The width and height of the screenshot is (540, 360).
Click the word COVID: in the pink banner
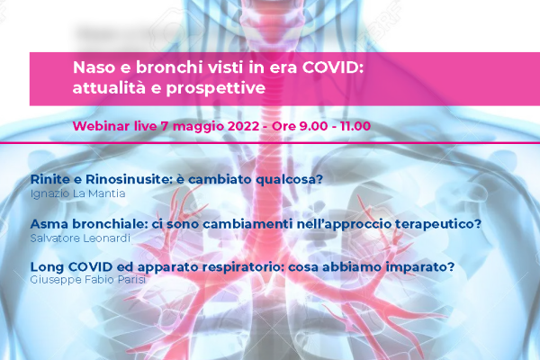[x=333, y=67]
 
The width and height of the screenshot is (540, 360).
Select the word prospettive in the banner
[x=216, y=88]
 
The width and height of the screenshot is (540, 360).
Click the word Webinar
[x=101, y=126]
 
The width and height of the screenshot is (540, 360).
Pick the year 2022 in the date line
[x=243, y=126]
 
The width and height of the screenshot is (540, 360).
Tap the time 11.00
[x=355, y=126]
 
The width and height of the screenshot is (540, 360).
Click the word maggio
[x=198, y=127]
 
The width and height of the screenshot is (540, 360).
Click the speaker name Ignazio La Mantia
[x=77, y=193]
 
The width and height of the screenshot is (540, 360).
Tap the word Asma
[x=49, y=224]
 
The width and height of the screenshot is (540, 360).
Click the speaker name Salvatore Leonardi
[x=80, y=238]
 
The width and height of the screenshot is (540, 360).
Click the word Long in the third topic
[x=47, y=266]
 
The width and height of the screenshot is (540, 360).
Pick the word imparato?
[x=419, y=267]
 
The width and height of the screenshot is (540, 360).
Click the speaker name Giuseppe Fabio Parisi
[x=88, y=279]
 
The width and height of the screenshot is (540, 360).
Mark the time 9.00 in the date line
[x=313, y=126]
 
